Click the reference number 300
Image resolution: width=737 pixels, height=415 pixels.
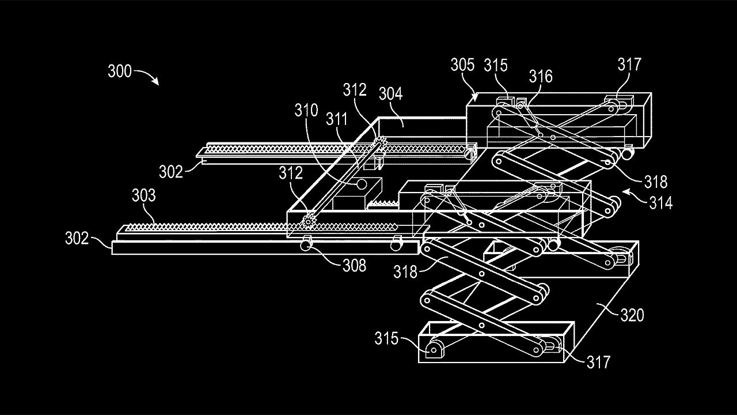(120, 72)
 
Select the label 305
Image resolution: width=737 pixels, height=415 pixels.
(462, 65)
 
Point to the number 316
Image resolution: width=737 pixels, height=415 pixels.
(541, 77)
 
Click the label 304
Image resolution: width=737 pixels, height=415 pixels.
(390, 93)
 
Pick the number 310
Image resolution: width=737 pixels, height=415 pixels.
(306, 110)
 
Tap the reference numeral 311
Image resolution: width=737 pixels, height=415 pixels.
(336, 119)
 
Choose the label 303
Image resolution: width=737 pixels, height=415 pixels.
(143, 196)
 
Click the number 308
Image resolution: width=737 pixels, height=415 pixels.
(354, 265)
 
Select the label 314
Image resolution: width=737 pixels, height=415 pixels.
(660, 203)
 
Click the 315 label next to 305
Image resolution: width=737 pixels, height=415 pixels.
(496, 65)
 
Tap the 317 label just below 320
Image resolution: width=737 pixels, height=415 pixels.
(598, 361)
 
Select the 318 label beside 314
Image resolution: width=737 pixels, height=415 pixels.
(656, 182)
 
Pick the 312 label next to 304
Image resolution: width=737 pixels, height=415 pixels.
(355, 89)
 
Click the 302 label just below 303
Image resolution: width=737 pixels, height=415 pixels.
(77, 238)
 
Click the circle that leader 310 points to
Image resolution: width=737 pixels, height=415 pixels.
(362, 185)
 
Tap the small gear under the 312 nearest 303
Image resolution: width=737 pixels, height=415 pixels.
(310, 219)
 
